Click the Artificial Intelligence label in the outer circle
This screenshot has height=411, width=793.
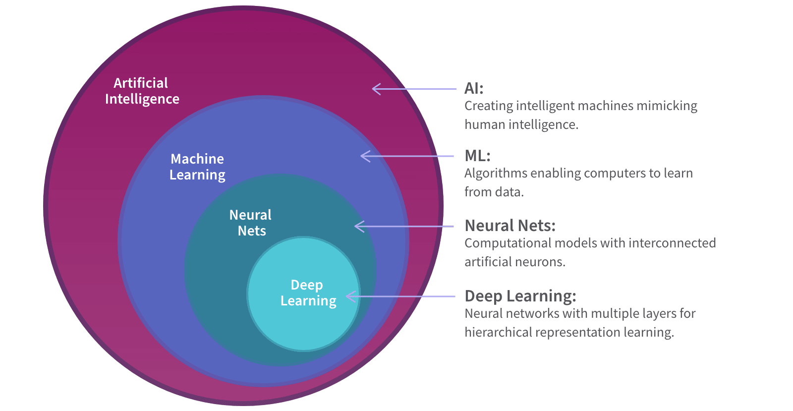(142, 91)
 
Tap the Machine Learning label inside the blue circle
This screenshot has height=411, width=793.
(197, 167)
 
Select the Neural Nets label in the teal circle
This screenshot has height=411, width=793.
(251, 223)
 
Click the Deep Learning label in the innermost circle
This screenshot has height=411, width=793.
(308, 293)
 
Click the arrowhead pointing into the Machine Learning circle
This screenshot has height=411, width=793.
(365, 156)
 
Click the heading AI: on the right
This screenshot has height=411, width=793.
(473, 88)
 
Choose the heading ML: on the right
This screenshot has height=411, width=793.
(477, 156)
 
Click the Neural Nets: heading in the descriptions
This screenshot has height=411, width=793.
(510, 226)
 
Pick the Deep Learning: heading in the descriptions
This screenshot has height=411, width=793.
(520, 296)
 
